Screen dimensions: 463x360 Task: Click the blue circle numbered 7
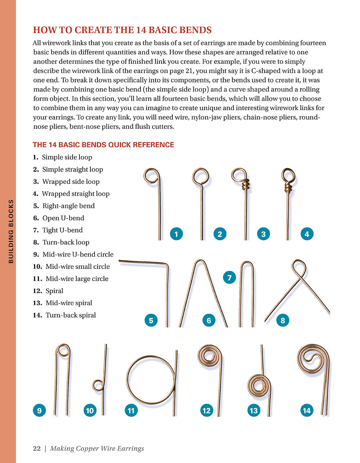(229, 278)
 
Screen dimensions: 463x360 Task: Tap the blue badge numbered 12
(206, 410)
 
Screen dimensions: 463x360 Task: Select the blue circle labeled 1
(176, 234)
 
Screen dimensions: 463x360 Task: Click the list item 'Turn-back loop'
(66, 242)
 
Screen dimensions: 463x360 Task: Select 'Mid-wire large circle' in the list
(77, 279)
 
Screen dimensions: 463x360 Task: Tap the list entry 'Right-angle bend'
(68, 206)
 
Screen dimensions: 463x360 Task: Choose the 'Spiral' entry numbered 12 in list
(54, 291)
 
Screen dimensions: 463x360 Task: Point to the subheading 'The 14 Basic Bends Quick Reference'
(103, 145)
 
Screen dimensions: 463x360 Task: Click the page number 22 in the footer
(36, 448)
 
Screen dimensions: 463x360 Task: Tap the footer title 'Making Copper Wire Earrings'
(97, 448)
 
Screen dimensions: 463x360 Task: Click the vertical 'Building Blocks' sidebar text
(11, 231)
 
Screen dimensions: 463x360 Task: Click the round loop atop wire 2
(201, 176)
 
